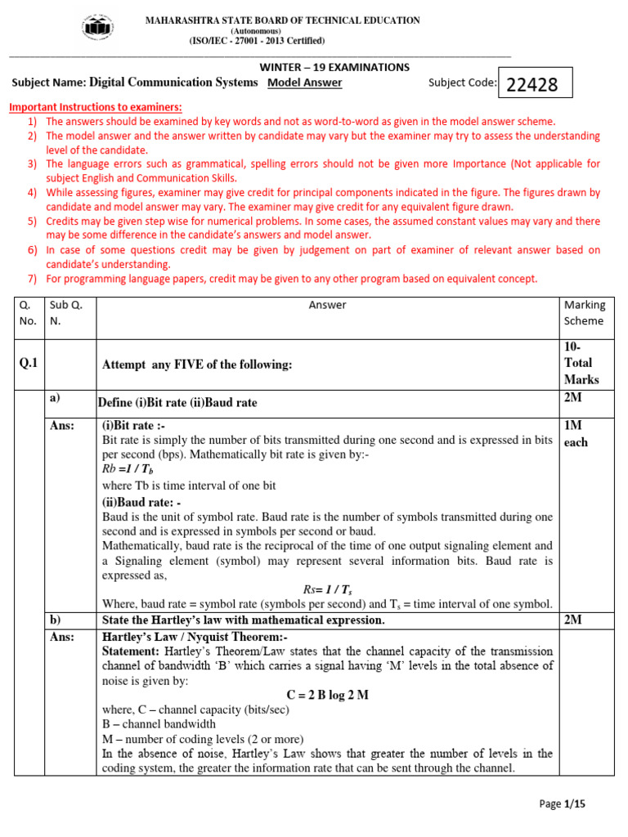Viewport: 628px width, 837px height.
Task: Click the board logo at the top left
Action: coord(97,29)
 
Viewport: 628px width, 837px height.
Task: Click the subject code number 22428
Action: coord(532,84)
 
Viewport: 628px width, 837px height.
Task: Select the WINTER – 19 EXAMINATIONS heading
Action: coord(334,67)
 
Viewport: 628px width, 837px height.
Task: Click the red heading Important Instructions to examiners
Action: coord(95,107)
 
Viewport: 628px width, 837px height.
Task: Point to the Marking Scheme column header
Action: coord(585,312)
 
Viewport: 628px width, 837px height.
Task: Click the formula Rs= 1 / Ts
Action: coord(328,589)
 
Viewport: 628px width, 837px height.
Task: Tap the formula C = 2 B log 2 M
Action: coord(328,695)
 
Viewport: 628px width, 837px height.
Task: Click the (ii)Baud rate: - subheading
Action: coord(141,502)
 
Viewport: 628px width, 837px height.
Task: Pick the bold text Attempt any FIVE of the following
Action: coord(196,365)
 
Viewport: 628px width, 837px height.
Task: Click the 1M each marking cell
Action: coord(576,434)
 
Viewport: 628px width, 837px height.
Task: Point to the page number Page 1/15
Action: coord(563,804)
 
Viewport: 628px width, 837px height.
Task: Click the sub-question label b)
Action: coord(55,620)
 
